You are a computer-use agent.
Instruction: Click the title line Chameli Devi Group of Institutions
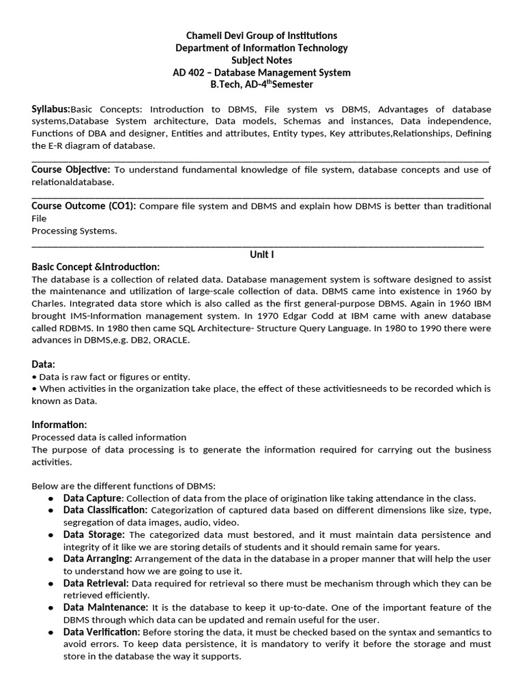tap(262, 35)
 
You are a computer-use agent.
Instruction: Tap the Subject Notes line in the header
tap(262, 60)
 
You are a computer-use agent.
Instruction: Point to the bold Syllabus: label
tap(51, 109)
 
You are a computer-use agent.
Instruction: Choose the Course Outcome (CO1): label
tap(84, 206)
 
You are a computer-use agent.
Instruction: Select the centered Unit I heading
tap(262, 255)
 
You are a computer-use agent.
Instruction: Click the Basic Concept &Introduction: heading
tap(96, 267)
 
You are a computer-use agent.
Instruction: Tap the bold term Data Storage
tap(94, 535)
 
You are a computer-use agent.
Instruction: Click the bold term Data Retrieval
tap(96, 584)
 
